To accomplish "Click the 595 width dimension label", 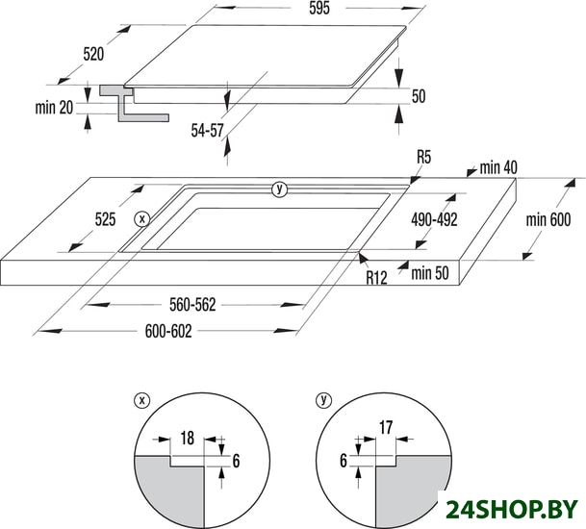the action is point(319,8).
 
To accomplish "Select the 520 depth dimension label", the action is point(93,54).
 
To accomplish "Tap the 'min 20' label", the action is point(54,108).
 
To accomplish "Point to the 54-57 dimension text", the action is point(208,131).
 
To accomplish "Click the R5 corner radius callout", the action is point(423,158).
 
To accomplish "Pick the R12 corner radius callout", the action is point(376,278).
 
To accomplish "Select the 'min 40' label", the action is point(498,168).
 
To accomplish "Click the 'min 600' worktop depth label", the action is point(548,219).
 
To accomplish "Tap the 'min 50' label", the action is point(430,273).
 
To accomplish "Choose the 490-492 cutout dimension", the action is point(434,219).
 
